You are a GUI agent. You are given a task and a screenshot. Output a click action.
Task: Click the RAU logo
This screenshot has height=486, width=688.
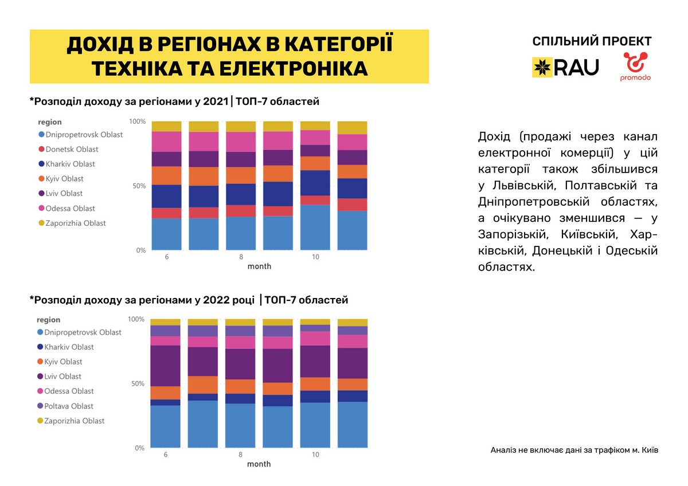click(565, 67)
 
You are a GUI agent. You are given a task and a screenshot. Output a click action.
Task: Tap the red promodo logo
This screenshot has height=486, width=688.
click(635, 66)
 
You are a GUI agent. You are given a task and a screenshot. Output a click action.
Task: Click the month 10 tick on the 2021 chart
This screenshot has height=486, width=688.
click(315, 257)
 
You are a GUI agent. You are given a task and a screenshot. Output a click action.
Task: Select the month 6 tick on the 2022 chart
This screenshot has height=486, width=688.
click(166, 454)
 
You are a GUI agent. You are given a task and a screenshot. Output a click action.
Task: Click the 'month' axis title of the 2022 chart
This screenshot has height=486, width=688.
click(259, 464)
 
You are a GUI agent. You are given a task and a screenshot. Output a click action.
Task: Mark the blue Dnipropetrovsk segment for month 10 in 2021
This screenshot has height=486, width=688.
click(315, 228)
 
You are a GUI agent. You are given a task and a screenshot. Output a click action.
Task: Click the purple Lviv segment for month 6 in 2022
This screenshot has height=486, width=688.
click(166, 366)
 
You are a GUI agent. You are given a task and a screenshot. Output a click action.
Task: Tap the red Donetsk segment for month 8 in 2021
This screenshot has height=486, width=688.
click(241, 210)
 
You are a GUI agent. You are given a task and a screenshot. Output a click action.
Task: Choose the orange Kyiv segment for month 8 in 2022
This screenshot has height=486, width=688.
click(241, 386)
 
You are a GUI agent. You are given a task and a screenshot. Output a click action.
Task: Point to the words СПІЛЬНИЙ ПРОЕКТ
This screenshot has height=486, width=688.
click(592, 41)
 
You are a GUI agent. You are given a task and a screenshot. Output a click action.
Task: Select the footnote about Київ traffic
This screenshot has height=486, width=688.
click(574, 450)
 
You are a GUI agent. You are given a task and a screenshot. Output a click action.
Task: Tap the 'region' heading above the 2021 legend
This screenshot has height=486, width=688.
click(50, 123)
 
